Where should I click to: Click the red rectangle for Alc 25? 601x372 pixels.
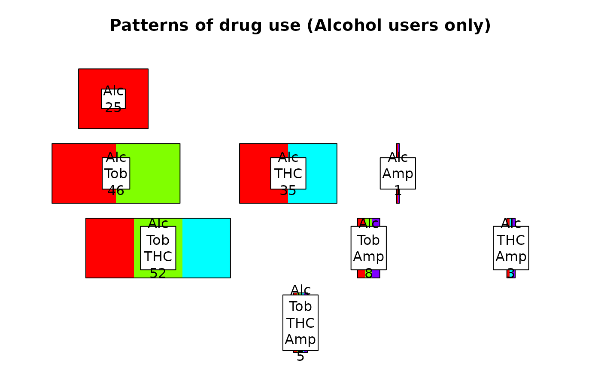[90, 98]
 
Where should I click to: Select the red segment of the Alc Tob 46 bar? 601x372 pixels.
[77, 173]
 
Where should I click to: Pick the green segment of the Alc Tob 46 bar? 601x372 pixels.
[155, 173]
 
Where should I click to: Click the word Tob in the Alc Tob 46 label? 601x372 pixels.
[116, 174]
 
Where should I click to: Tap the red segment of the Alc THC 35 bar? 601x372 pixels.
[255, 173]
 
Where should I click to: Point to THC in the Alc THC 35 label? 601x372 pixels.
[288, 174]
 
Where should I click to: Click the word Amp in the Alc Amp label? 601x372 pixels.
[398, 174]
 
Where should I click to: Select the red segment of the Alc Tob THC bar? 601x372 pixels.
[110, 248]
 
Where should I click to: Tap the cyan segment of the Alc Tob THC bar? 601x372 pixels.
[206, 248]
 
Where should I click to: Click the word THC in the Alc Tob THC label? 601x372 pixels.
[158, 256]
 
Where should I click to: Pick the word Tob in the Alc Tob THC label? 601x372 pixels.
[158, 240]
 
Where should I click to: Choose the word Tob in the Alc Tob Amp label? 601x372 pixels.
[368, 240]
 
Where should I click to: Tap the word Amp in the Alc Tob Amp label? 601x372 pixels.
[368, 256]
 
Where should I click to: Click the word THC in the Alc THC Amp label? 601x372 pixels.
[511, 240]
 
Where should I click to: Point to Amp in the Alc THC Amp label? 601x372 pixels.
[511, 256]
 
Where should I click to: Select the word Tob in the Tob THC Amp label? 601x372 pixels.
[300, 306]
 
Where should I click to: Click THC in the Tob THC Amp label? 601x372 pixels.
[300, 323]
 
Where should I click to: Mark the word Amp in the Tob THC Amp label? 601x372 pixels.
[300, 339]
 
